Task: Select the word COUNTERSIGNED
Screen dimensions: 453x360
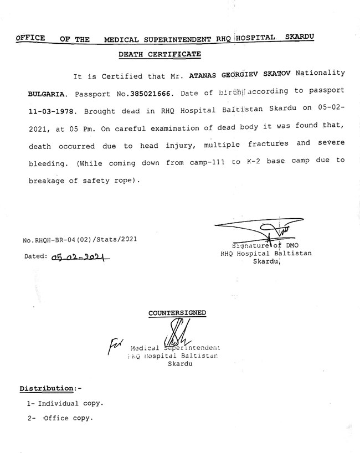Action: [177, 313]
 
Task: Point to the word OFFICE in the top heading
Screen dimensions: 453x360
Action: [30, 38]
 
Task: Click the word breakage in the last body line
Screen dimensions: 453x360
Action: [48, 181]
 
